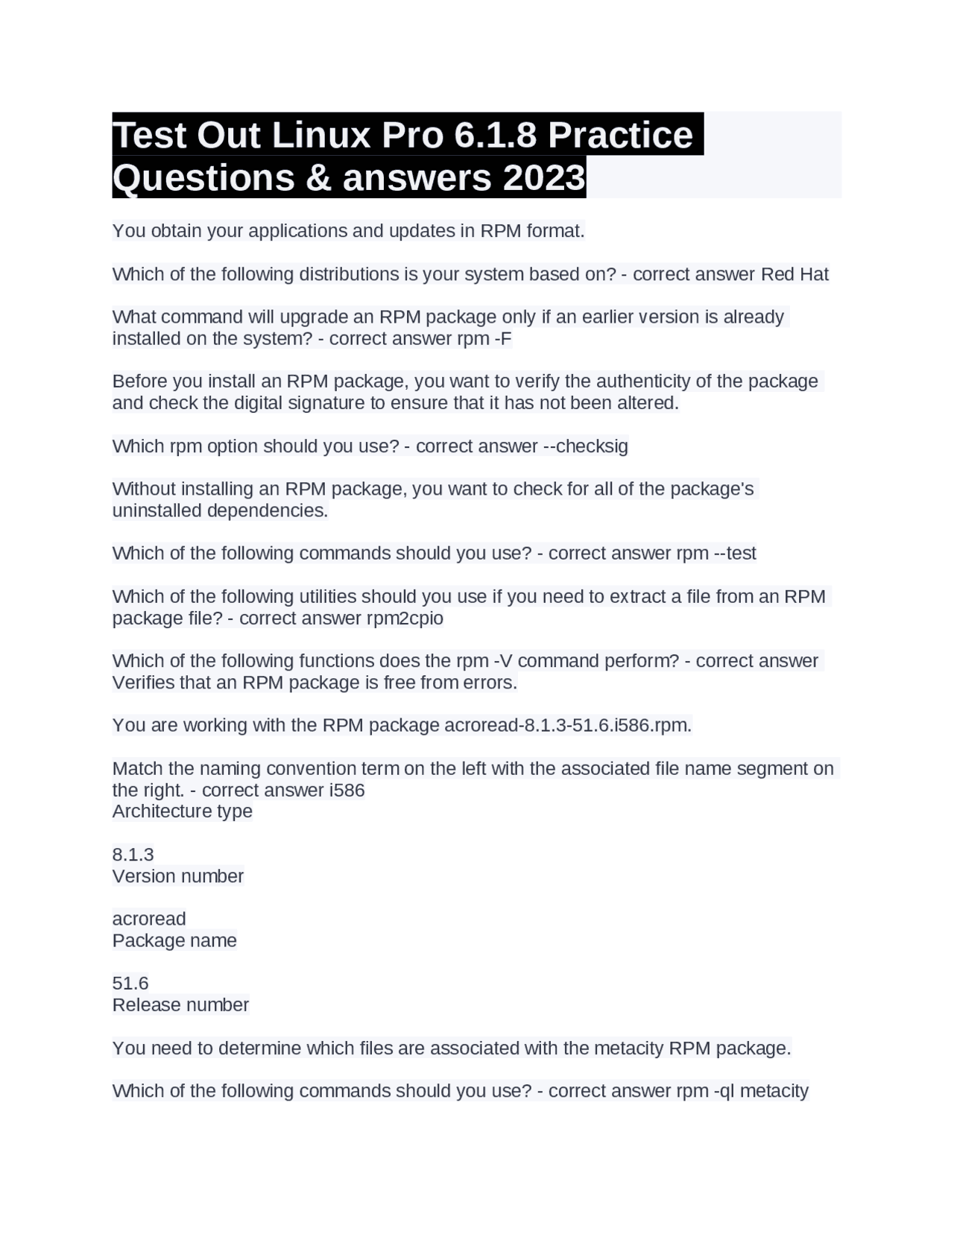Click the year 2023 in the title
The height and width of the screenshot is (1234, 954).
pos(544,178)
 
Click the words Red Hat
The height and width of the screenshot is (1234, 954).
pos(795,274)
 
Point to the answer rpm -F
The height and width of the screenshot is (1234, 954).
pos(484,339)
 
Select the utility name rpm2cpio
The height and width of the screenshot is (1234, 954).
pos(405,618)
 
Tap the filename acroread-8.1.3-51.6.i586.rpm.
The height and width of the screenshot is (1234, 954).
pos(567,726)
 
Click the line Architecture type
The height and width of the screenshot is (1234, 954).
pos(183,811)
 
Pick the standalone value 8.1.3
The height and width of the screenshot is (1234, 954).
pos(133,855)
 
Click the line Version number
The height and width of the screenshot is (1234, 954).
pos(178,876)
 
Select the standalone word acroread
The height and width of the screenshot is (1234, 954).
pos(149,919)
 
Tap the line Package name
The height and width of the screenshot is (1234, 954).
pos(174,940)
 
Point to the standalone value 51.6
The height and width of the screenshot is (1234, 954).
pos(130,984)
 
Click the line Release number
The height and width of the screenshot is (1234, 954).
pos(180,1005)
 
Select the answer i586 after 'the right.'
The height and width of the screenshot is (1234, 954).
pos(347,791)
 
